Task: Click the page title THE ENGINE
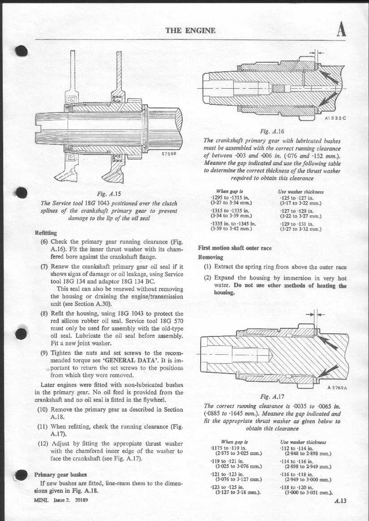pos(190,30)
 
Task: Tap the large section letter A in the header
pos(341,30)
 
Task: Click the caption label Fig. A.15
pos(108,194)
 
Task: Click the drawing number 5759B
pos(169,153)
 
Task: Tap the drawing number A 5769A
pos(337,388)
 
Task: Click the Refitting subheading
pos(46,233)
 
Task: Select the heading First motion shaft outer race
pos(235,248)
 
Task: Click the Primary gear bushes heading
pos(60,474)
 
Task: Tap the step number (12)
pos(44,444)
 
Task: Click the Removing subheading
pos(210,257)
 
